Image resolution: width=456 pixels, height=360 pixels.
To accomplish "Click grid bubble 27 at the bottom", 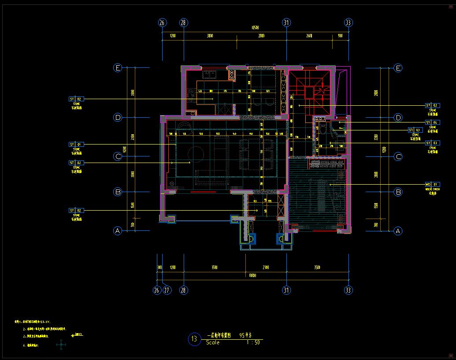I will coord(167,290).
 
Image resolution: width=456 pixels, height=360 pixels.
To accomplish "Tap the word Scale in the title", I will coord(212,343).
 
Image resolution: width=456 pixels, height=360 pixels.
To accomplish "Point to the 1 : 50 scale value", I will coord(253,343).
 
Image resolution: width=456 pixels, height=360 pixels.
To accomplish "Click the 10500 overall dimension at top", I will coord(255,28).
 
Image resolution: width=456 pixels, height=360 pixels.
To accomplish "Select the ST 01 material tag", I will coord(76,145).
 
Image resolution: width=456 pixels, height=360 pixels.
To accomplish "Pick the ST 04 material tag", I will coord(431,122).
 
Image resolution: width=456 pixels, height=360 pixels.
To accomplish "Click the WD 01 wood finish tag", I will coord(431,184).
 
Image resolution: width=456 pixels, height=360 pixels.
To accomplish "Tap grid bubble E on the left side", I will coord(118,68).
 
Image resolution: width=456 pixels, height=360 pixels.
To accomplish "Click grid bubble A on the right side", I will coord(398,231).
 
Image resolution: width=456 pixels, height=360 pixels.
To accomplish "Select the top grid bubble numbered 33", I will coord(348,22).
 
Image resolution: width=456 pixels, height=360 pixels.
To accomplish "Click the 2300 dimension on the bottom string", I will coord(266,267).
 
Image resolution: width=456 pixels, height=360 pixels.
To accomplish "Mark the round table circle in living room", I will coord(196,153).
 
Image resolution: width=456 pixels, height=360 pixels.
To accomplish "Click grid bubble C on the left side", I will coord(118,156).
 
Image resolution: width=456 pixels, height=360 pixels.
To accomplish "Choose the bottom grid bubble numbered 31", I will coord(286,290).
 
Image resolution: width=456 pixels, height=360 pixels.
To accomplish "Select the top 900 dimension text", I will coord(340,36).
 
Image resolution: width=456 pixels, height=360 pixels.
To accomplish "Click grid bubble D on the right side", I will coord(398,118).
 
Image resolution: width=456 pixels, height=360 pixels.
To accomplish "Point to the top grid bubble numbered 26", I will coord(162,22).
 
